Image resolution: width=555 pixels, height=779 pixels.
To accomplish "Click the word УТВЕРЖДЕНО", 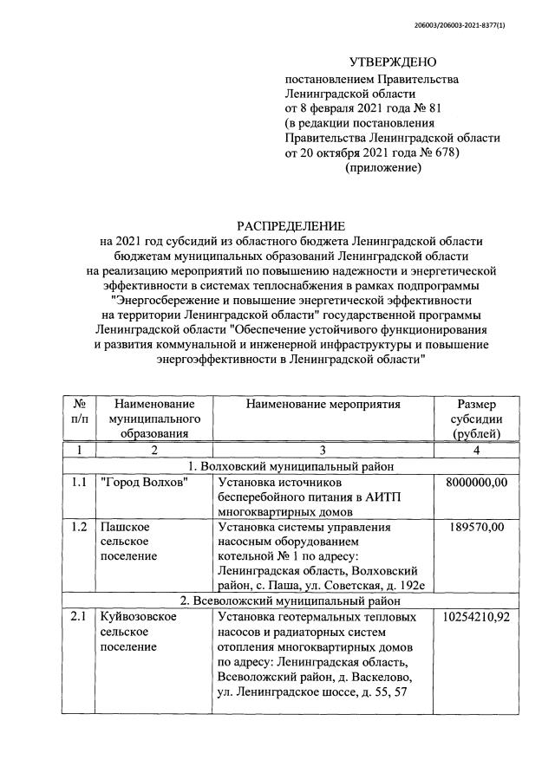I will pyautogui.click(x=393, y=62).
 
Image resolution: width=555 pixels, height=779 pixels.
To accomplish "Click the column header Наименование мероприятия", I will pyautogui.click(x=323, y=404).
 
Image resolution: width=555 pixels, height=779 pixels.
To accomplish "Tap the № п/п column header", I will pyautogui.click(x=79, y=411).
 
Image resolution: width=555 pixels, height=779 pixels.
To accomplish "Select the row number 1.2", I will pyautogui.click(x=79, y=527).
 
